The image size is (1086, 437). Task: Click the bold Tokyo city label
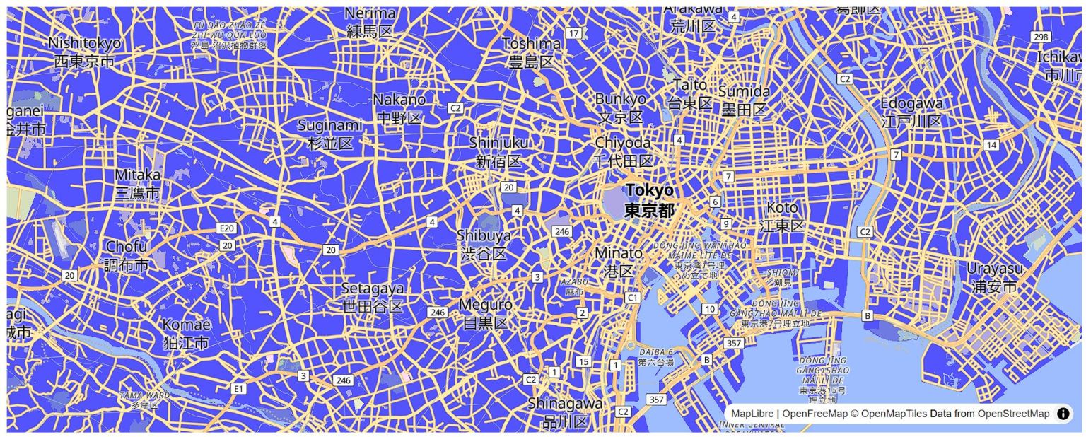point(649,200)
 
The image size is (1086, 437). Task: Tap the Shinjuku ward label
point(498,152)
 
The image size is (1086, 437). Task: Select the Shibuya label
point(484,244)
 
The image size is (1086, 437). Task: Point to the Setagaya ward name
point(373,297)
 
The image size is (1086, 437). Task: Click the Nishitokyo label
point(84,52)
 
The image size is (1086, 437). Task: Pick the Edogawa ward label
point(911,112)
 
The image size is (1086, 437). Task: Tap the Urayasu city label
point(995,277)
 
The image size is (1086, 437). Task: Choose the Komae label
point(187,333)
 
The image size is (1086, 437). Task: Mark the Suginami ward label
point(330,134)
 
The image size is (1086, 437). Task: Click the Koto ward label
point(782,216)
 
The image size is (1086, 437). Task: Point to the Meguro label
point(485,313)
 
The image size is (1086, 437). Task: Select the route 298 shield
point(1041,37)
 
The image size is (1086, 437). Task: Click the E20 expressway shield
point(226,228)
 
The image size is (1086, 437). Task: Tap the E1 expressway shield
point(239,388)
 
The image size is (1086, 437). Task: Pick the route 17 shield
point(573,33)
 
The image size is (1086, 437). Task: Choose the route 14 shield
point(991,145)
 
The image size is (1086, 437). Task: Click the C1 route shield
point(633,298)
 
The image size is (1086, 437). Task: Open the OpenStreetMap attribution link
point(1013,414)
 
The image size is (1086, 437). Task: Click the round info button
point(1063,414)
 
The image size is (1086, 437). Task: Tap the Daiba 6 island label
point(656,356)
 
